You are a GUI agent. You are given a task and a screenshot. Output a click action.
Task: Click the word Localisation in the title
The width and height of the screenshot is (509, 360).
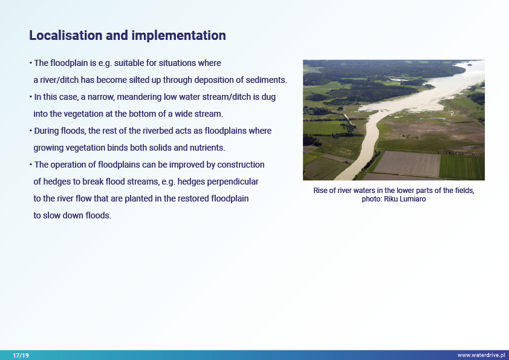point(66,36)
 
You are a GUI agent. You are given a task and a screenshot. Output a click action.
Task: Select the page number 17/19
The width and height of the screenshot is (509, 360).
point(21,355)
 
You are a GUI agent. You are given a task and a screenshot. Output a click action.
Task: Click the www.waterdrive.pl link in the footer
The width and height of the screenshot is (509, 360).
point(481,355)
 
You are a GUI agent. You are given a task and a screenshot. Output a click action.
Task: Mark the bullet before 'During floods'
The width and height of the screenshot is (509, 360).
point(31,131)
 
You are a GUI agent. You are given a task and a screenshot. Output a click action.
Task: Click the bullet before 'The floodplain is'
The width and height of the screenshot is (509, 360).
point(31,63)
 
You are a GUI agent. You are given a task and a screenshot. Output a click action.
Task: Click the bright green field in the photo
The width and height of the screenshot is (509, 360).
point(462,166)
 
